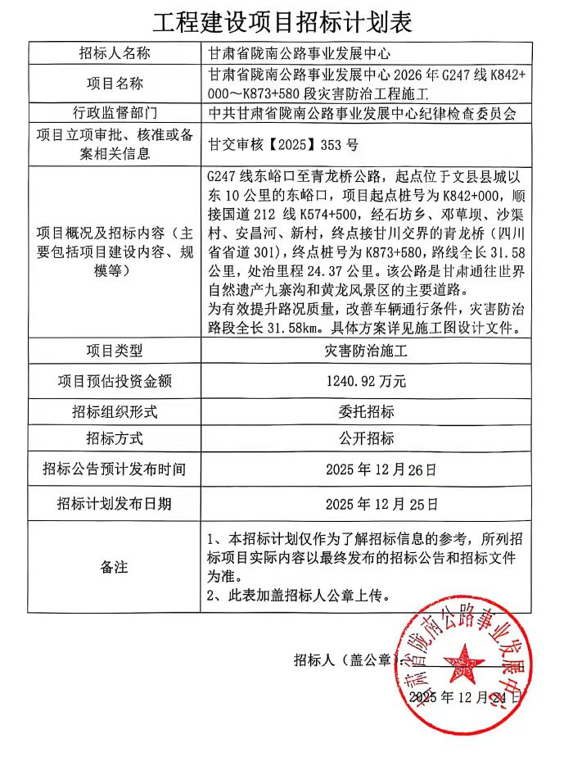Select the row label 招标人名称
click(115, 54)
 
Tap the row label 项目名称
click(115, 83)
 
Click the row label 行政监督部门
click(115, 111)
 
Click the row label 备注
click(115, 566)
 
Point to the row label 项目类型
click(115, 351)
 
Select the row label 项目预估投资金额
click(115, 381)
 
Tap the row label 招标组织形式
click(115, 410)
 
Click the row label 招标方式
click(115, 439)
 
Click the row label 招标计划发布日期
click(115, 503)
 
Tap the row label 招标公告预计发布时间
click(115, 470)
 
